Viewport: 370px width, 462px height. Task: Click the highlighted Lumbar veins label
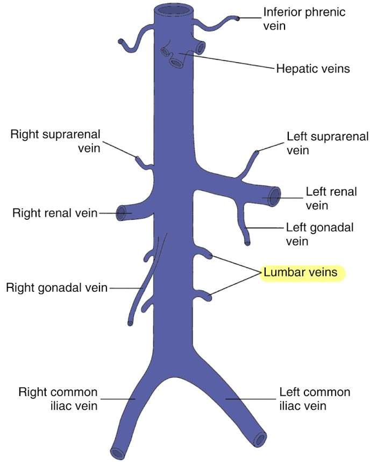[x=300, y=273]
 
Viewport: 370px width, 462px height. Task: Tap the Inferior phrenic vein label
[x=304, y=19]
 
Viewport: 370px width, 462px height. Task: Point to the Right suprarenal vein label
[x=55, y=141]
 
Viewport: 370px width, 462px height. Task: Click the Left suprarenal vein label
[x=320, y=143]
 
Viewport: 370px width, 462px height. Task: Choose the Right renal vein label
[x=55, y=213]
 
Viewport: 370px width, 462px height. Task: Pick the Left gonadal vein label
[x=319, y=234]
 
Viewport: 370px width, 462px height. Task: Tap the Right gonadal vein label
[x=56, y=287]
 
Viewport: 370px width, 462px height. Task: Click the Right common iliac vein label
[x=58, y=399]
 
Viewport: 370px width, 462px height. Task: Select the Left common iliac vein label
[x=315, y=399]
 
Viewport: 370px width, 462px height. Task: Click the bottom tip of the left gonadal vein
[x=247, y=243]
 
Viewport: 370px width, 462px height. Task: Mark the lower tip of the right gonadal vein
[x=131, y=323]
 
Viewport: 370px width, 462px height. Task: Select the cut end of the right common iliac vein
[x=116, y=452]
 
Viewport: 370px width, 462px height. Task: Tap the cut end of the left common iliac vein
[x=260, y=439]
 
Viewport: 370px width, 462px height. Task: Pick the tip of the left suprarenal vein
[x=257, y=153]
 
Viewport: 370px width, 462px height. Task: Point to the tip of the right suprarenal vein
[x=138, y=158]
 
